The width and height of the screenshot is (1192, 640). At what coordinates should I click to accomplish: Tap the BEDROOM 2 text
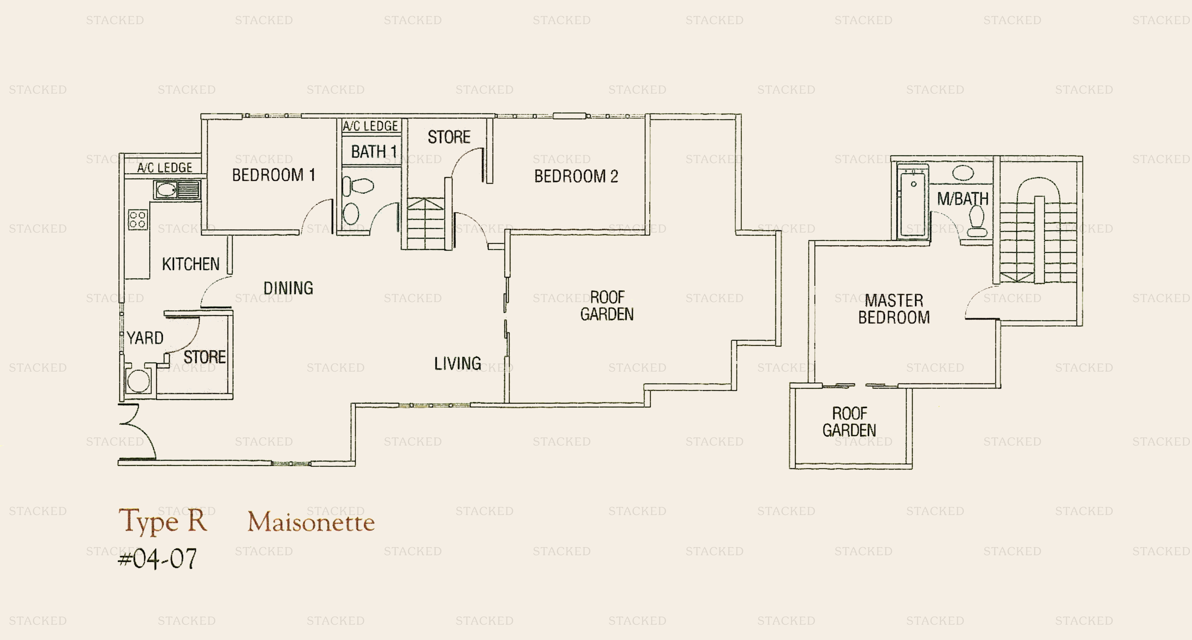tap(576, 176)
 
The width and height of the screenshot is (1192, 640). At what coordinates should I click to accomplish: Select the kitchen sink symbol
tap(177, 190)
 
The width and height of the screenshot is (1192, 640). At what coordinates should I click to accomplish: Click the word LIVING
tap(457, 364)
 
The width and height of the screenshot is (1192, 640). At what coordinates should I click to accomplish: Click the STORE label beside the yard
tap(204, 357)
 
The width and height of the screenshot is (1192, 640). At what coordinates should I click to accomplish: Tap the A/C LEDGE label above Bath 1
tap(370, 126)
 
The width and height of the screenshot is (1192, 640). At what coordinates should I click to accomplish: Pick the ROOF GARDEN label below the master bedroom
tap(849, 422)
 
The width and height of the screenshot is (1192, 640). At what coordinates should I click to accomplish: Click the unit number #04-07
tap(158, 559)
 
